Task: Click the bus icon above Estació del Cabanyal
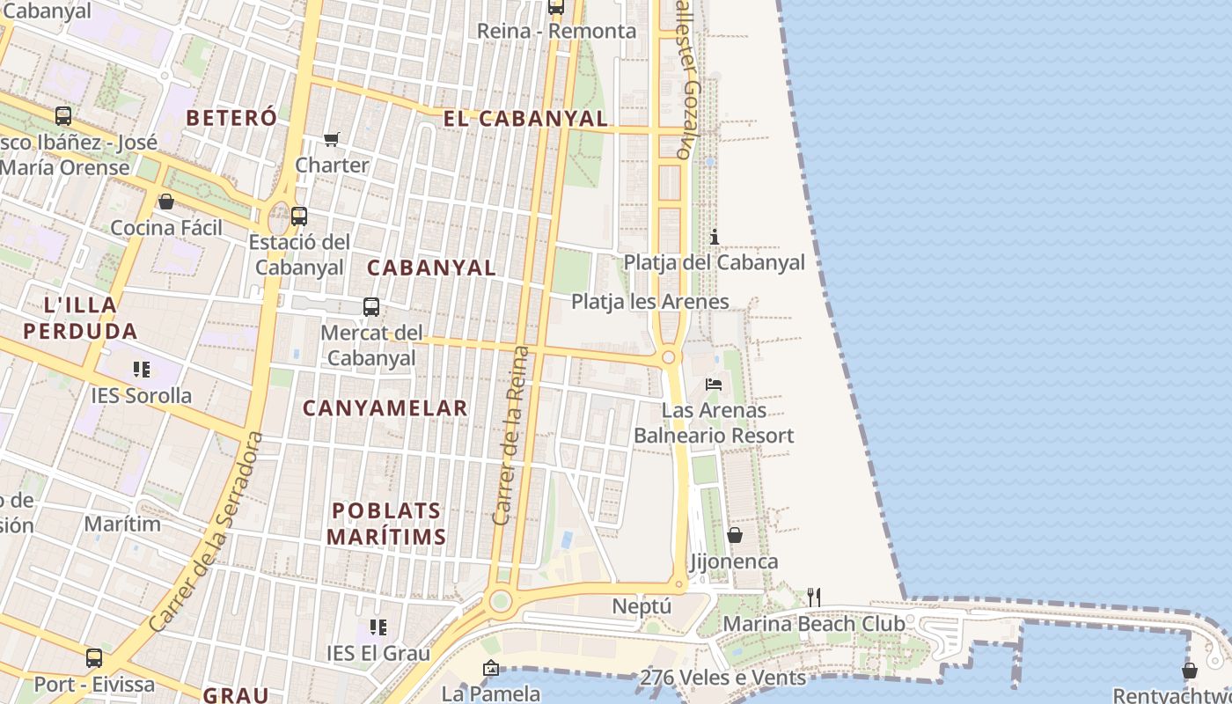coord(299,216)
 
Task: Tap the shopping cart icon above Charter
coord(332,139)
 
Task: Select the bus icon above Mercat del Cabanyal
coord(371,307)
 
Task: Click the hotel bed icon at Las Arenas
coord(714,385)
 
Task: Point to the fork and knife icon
coord(814,598)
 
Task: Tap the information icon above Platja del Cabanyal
coord(715,237)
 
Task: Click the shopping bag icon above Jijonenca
coord(735,535)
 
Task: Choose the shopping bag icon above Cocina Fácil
coord(166,202)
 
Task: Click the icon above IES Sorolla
coord(142,370)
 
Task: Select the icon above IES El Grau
coord(378,627)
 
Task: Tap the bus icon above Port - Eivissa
coord(94,658)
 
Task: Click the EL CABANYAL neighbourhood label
coord(525,119)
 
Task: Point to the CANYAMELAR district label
coord(385,408)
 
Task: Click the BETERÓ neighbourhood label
coord(231,118)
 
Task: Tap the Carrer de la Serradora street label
coord(207,532)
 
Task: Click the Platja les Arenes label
coord(650,302)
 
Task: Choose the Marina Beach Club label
coord(814,624)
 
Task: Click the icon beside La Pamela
coord(491,669)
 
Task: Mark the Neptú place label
coord(642,606)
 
